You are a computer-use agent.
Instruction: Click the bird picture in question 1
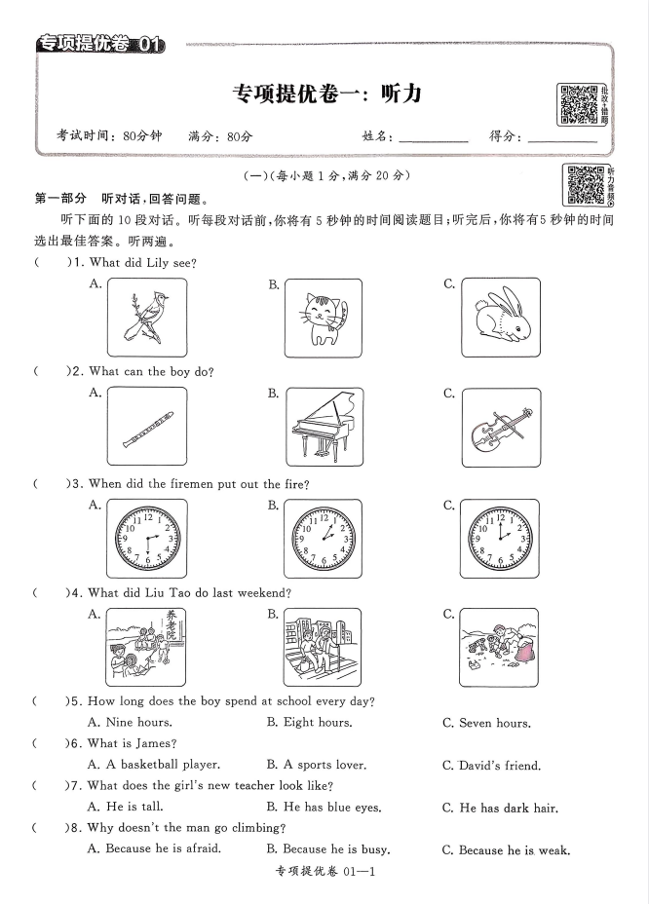[144, 317]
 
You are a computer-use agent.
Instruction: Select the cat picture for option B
[323, 317]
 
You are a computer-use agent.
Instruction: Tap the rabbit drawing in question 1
[500, 317]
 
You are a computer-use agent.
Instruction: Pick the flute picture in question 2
[144, 428]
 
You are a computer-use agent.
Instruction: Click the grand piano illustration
[323, 428]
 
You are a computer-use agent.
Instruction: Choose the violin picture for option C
[500, 428]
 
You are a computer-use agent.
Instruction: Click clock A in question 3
[144, 539]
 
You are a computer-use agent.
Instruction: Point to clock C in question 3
[500, 539]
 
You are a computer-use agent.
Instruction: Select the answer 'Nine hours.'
[130, 722]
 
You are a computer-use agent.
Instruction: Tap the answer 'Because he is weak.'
[506, 849]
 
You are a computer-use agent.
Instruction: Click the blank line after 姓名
[433, 138]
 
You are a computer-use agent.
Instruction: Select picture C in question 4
[500, 648]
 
